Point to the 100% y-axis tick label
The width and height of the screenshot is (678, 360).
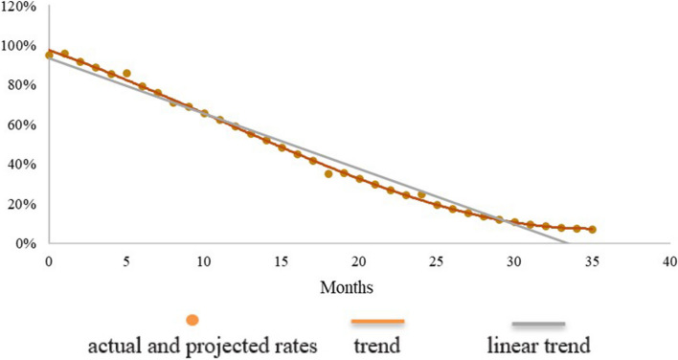click(20, 45)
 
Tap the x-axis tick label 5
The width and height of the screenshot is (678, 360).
click(126, 260)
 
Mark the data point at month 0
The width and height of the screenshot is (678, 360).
click(49, 56)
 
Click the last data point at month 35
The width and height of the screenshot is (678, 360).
click(592, 230)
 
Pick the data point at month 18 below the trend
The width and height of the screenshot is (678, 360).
click(328, 174)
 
